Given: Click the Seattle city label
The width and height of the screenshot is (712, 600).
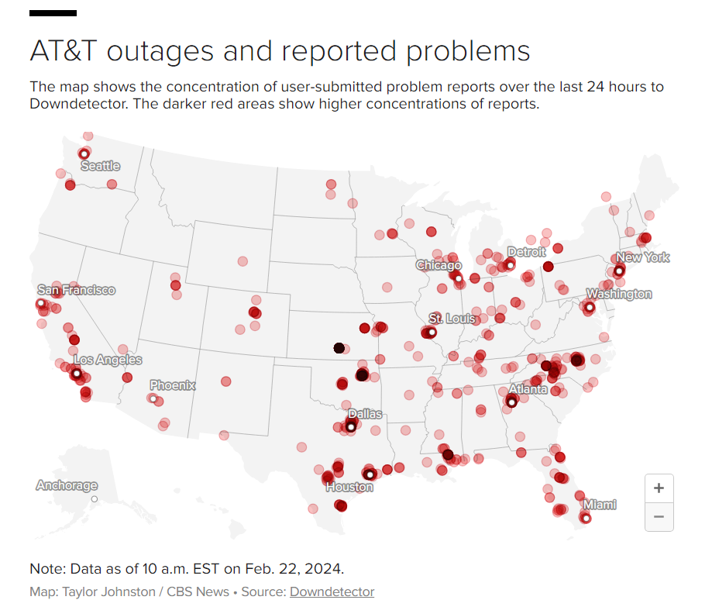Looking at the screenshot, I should [101, 166].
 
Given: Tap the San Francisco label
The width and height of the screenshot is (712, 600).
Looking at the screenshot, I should [76, 290].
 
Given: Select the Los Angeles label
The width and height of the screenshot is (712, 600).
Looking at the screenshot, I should [108, 360].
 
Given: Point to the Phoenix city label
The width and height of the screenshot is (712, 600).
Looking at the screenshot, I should [172, 385].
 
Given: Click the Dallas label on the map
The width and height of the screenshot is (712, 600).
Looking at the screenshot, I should [365, 414].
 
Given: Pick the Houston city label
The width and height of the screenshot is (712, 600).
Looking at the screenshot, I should [349, 487].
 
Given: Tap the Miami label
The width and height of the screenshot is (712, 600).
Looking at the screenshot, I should [600, 505].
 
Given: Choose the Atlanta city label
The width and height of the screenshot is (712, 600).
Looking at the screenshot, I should [528, 389].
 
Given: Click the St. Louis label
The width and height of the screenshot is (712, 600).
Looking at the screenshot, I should [452, 319].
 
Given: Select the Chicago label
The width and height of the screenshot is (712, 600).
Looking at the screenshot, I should [439, 265].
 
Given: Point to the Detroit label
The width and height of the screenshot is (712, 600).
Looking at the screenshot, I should [526, 252].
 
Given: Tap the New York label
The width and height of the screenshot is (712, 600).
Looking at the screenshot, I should [642, 257].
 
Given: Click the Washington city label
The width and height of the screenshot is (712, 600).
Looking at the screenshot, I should [619, 294].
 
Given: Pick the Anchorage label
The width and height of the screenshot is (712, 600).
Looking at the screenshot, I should [67, 485].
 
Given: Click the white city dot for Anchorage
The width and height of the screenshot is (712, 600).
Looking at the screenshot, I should [94, 500].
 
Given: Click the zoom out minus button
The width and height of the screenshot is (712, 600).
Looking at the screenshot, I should [659, 516].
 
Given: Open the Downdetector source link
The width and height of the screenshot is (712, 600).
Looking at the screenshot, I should [332, 591].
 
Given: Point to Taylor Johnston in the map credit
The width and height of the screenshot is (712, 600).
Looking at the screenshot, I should [101, 591].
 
